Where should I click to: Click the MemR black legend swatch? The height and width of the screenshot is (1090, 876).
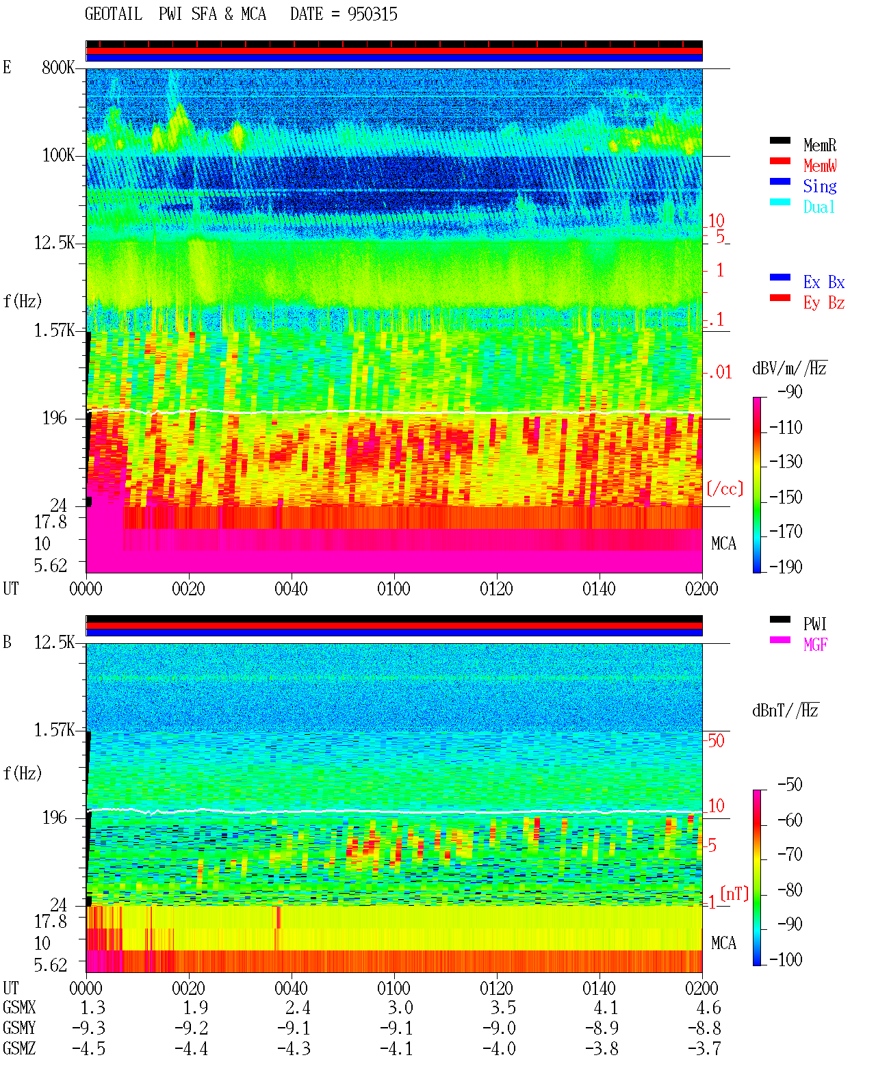pos(780,140)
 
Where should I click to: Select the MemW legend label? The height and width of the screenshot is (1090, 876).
pos(820,166)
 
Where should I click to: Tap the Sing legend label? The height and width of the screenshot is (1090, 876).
pos(820,186)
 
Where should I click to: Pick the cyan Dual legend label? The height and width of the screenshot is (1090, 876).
pos(819,207)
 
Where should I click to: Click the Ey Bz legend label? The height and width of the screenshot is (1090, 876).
pos(824,303)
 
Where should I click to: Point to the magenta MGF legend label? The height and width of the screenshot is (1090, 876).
pos(816,645)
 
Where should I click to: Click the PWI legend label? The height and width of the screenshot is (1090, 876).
pos(814,624)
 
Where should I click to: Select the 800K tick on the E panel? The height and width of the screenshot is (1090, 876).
pos(58,68)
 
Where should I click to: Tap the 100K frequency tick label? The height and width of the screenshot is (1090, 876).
pos(58,155)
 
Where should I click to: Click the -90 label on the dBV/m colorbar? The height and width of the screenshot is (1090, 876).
pos(790,392)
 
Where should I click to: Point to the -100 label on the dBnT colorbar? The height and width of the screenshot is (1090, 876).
pos(786,960)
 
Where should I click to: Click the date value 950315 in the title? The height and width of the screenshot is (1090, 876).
pos(372,14)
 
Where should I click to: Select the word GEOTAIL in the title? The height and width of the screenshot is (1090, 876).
pos(114,14)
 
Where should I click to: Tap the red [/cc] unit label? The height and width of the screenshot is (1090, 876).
pos(725,489)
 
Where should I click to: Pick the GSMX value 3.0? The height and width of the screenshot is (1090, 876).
pos(400,1008)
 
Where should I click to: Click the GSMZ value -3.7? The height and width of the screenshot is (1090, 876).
pos(704,1048)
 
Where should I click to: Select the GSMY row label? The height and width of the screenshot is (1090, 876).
pos(19,1028)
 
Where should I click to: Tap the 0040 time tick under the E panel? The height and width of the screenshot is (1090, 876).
pos(292,589)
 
